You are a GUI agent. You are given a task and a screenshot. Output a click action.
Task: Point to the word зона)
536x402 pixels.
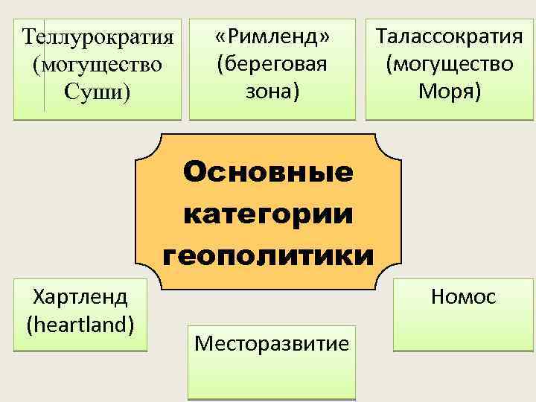click(x=272, y=92)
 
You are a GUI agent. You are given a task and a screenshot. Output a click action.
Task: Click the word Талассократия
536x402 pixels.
click(x=449, y=36)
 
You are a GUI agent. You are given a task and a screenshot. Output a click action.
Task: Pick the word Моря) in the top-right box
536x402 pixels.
click(x=449, y=92)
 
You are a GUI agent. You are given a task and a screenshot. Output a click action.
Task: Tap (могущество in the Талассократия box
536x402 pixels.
click(x=449, y=63)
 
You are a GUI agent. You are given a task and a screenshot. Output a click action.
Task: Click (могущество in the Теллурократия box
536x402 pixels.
click(x=97, y=66)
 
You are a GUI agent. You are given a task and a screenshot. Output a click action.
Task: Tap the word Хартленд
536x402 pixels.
click(x=80, y=296)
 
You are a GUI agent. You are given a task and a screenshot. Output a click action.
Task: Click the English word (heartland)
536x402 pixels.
click(x=80, y=324)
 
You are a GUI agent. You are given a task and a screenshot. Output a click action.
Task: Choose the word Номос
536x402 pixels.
click(x=463, y=297)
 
